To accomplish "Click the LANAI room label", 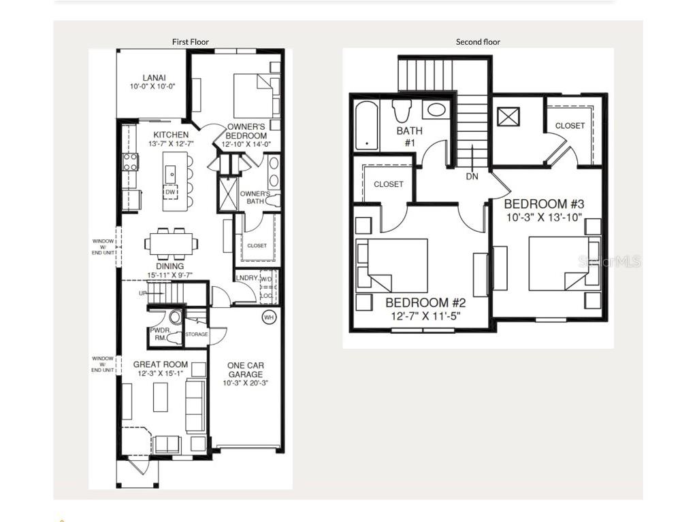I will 154,78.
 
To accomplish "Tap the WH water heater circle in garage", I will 268,317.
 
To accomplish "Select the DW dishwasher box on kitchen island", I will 172,192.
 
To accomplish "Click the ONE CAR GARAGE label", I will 246,370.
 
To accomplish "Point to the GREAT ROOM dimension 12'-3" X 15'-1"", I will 161,374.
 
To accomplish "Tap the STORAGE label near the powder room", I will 197,334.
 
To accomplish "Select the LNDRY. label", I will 246,278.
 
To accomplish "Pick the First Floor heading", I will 190,42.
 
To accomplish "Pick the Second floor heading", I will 478,42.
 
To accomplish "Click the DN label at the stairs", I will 472,177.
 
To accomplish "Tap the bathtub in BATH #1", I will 367,125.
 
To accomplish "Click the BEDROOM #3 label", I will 544,204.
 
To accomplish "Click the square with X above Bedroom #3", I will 508,116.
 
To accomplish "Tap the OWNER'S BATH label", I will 255,197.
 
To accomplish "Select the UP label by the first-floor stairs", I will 142,294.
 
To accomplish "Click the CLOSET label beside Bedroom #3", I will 570,126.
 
